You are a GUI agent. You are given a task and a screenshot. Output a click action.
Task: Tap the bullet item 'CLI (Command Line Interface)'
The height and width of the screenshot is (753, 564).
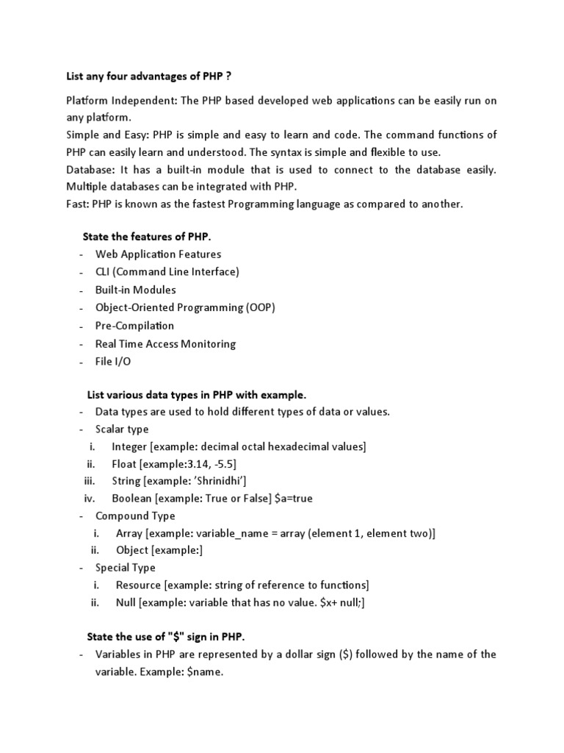(167, 272)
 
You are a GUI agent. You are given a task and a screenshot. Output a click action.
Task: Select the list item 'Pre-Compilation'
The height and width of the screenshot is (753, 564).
(135, 326)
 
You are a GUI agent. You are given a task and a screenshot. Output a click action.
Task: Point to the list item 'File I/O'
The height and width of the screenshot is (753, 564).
(114, 362)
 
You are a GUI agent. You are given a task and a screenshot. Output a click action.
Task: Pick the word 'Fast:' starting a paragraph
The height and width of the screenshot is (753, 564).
(77, 204)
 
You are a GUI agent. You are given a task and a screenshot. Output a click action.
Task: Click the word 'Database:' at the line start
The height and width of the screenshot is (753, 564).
(89, 170)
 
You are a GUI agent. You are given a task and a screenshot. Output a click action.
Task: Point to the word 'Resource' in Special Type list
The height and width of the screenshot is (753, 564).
(139, 585)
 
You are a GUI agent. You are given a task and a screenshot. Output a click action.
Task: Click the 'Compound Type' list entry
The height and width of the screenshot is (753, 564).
(135, 516)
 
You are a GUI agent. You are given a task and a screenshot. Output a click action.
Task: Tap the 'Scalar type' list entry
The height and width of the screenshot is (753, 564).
(122, 429)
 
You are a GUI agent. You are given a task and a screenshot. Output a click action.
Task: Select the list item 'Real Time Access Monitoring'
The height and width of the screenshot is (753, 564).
(165, 344)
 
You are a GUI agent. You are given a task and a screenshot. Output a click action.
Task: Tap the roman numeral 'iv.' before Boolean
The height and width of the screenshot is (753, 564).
(91, 499)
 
